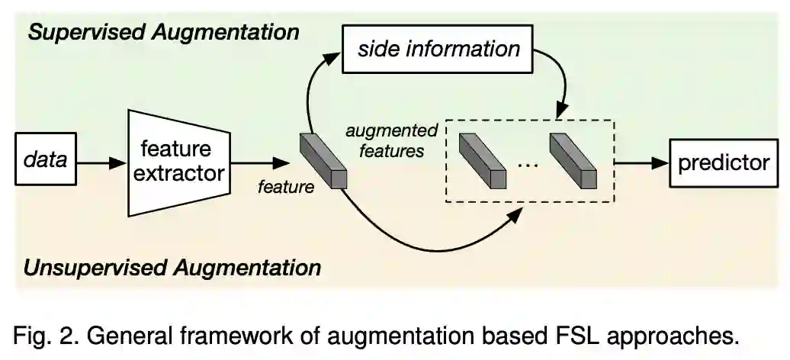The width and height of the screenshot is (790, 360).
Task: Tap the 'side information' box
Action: point(440,50)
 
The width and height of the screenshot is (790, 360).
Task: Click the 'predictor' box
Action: point(723,162)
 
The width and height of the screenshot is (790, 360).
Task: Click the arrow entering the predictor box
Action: point(641,162)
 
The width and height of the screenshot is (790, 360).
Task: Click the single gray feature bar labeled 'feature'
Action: point(323,161)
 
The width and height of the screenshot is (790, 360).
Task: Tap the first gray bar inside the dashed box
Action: point(482,161)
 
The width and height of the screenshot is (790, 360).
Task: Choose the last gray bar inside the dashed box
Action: point(573,161)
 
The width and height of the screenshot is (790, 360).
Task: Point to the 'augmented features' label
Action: point(390,140)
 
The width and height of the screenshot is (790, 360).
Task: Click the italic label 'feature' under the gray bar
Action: point(286,186)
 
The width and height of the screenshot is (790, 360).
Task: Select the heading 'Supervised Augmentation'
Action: point(163,32)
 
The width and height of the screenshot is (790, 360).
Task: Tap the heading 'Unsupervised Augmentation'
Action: point(172,268)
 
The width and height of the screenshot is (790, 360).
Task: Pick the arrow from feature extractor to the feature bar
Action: point(259,162)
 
